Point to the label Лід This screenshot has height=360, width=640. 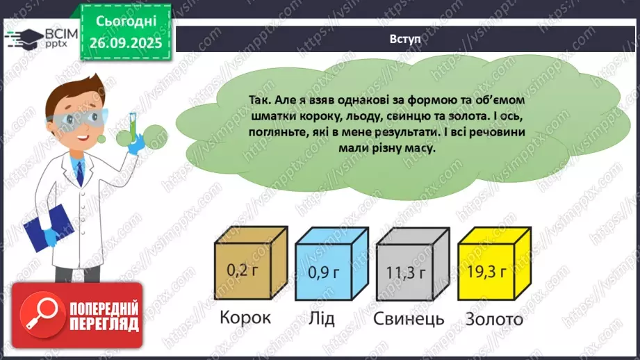pyautogui.click(x=320, y=318)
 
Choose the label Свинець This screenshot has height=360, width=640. pyautogui.click(x=408, y=319)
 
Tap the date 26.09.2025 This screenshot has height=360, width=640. pyautogui.click(x=126, y=41)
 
